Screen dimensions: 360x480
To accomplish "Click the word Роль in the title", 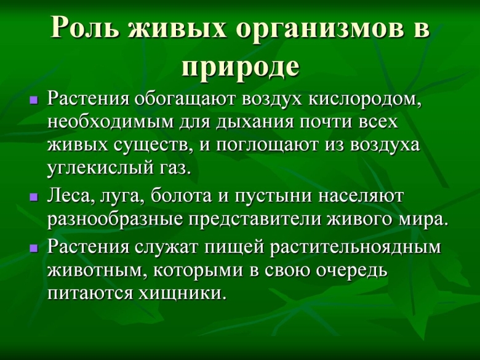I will coord(86,29).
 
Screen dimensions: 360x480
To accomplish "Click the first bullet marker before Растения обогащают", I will coord(34,99).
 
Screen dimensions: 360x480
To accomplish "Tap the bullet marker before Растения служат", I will coord(34,248).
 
